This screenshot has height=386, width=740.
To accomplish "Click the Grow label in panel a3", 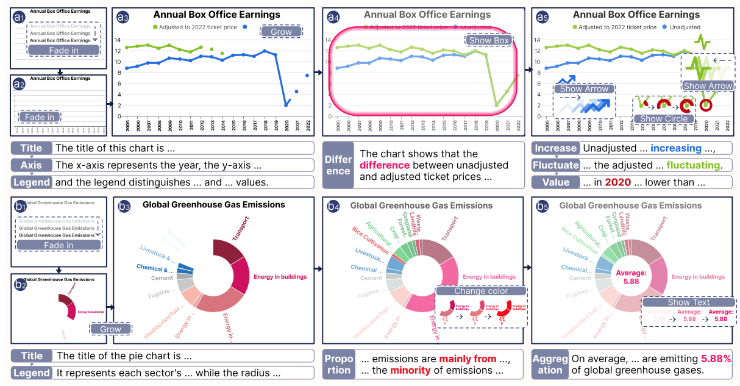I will pyautogui.click(x=281, y=31).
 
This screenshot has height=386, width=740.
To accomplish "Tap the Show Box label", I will pyautogui.click(x=488, y=40).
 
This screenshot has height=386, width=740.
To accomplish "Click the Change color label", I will pyautogui.click(x=480, y=291).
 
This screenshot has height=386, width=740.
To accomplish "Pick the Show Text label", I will pyautogui.click(x=688, y=302).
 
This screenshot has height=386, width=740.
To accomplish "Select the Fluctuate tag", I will pyautogui.click(x=555, y=165).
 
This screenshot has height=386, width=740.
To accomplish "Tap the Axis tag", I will pyautogui.click(x=31, y=165).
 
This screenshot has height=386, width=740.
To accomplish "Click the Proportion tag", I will pyautogui.click(x=338, y=363).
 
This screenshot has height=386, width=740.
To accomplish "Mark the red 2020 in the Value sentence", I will pyautogui.click(x=618, y=182).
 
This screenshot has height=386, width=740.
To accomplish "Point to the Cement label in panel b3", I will pyautogui.click(x=162, y=278).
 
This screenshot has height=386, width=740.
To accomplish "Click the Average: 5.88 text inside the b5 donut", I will pyautogui.click(x=627, y=277).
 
